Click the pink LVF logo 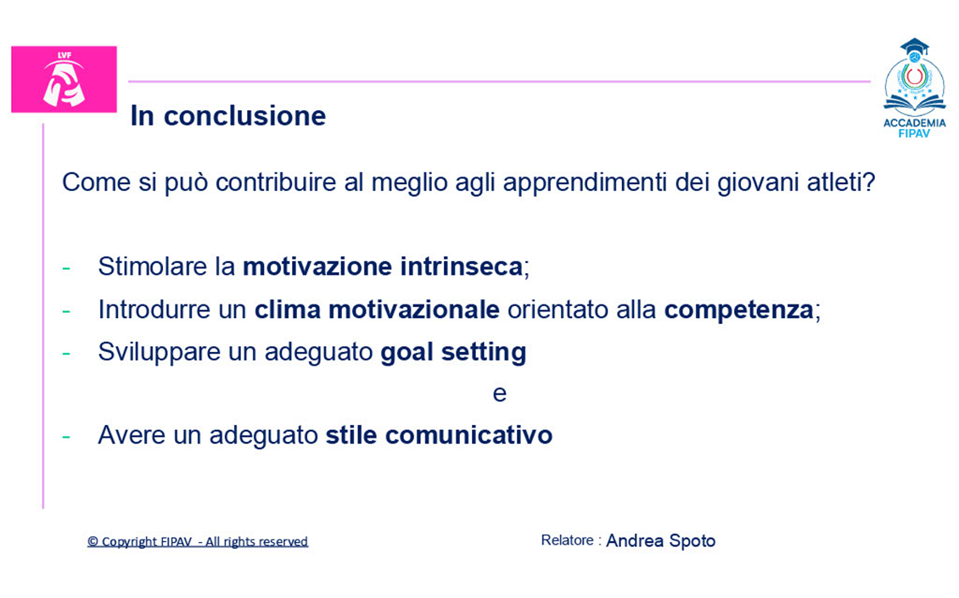click(x=64, y=79)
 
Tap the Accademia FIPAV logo click(x=914, y=88)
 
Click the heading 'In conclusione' click(x=228, y=115)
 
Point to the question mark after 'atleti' click(x=869, y=182)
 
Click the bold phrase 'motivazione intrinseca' click(x=383, y=266)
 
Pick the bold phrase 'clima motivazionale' click(x=377, y=310)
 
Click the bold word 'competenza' click(x=739, y=310)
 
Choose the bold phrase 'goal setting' click(x=453, y=352)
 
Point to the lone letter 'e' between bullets click(x=500, y=394)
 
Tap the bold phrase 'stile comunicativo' click(x=439, y=435)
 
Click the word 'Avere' click(x=132, y=435)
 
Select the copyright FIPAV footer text click(x=198, y=542)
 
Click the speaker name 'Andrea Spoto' click(x=660, y=541)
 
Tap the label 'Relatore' click(x=568, y=540)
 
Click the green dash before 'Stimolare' click(x=66, y=268)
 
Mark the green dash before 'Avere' click(x=66, y=437)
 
